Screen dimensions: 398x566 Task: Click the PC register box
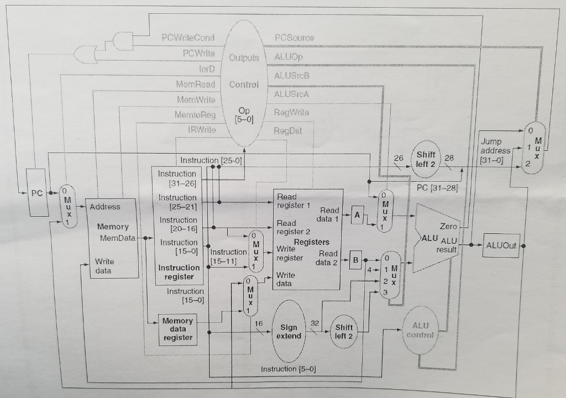(x=36, y=193)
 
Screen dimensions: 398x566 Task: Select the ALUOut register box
(x=501, y=245)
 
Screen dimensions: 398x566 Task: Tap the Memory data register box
(x=178, y=329)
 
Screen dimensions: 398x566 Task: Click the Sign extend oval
(x=289, y=332)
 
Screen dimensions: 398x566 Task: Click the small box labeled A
(x=357, y=218)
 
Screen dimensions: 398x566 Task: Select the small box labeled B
(x=357, y=259)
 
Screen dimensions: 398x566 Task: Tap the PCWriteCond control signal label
(x=188, y=38)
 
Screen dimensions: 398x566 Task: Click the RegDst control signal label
(x=289, y=132)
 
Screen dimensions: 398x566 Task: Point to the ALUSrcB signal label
(x=291, y=75)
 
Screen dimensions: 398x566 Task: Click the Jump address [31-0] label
(x=495, y=150)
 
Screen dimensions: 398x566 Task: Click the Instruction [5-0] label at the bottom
(x=288, y=369)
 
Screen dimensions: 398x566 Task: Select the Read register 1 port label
(x=294, y=201)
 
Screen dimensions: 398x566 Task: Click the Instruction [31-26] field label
(x=177, y=178)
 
